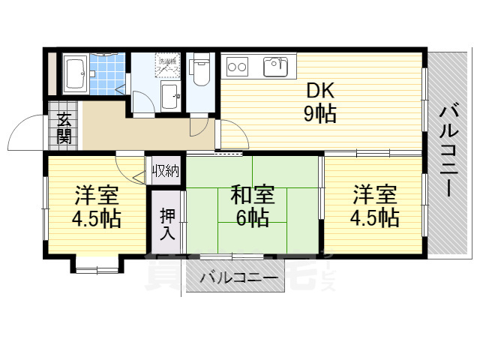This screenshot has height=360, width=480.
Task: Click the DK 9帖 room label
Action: tap(319, 102)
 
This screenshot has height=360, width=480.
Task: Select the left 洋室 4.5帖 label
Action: tap(96, 208)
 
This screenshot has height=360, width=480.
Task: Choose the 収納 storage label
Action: tap(166, 170)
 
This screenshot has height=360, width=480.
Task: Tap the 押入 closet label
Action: tap(166, 223)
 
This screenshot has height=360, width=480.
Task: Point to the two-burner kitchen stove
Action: tap(238, 67)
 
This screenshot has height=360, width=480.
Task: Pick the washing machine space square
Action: tap(166, 65)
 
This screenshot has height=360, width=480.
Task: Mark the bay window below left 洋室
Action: tap(96, 263)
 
